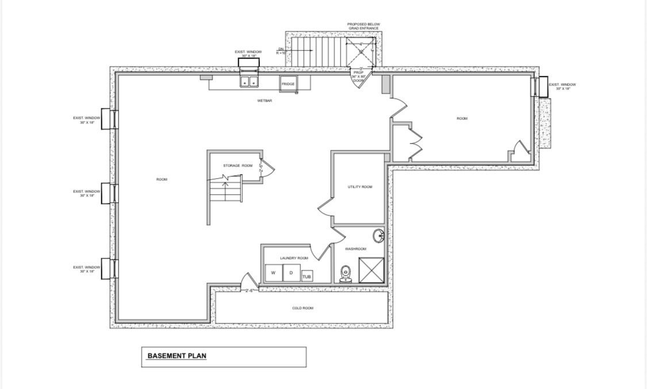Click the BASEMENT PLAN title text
coord(177,356)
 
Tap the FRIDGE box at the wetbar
coord(288,84)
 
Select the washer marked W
coord(274,273)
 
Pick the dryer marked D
coord(291,273)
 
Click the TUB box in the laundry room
coord(307,276)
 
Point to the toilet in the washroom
coord(345,274)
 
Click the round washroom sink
coord(378,236)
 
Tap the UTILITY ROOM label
coord(360,187)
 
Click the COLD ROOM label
coord(303,308)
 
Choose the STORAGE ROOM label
coord(238,165)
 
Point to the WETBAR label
coord(265,101)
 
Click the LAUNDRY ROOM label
coord(294,258)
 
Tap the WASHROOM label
coord(355,249)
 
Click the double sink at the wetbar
coord(250,82)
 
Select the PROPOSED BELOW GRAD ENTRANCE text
coord(363,26)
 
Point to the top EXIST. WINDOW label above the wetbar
coord(248,53)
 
